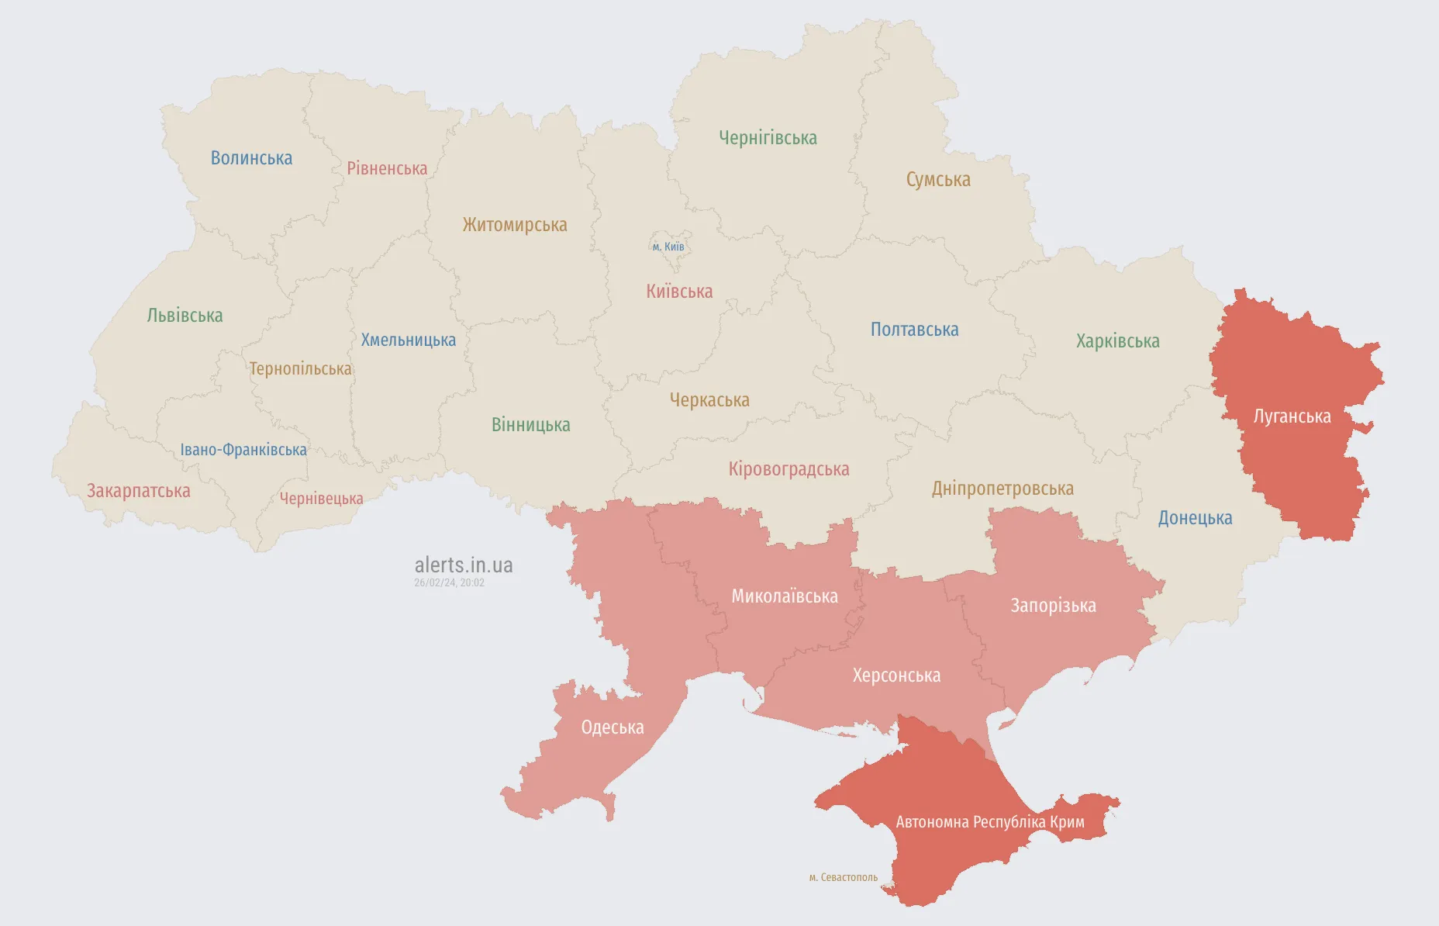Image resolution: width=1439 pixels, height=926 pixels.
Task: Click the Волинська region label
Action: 251,158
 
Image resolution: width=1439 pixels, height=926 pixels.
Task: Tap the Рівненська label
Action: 387,168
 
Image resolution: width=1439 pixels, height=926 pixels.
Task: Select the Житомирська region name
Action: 515,225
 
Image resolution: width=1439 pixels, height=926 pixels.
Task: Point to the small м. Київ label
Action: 668,247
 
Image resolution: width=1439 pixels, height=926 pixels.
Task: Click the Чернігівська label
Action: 768,138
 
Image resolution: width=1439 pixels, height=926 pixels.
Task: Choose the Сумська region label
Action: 938,180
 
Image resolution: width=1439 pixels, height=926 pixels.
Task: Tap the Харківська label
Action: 1117,341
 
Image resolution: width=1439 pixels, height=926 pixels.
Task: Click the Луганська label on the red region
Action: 1292,416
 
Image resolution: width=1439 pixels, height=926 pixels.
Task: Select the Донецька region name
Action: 1195,518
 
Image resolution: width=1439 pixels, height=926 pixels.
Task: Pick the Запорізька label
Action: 1053,606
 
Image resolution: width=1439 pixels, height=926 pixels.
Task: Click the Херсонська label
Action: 896,675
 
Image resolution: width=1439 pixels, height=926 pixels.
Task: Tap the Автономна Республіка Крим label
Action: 989,822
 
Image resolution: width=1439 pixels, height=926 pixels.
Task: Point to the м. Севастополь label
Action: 844,877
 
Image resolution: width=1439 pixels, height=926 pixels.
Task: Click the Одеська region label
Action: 613,727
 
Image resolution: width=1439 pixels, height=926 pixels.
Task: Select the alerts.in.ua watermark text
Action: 464,565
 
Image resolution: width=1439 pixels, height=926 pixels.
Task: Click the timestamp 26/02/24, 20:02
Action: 449,582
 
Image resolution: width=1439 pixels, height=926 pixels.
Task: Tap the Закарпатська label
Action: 138,491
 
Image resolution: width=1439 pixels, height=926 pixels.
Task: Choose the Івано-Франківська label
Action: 243,450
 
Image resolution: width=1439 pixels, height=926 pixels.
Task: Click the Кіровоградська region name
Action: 789,469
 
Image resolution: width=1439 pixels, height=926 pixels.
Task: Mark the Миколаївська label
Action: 785,596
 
